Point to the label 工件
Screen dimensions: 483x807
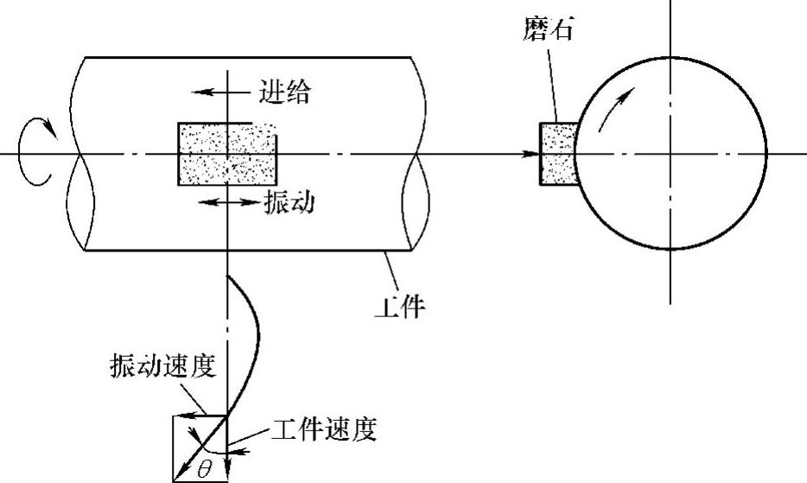coord(402,305)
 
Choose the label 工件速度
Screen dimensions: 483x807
coord(324,429)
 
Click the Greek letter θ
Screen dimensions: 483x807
coord(204,470)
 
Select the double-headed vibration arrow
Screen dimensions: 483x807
coord(227,201)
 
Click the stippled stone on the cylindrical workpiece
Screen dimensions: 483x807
coord(226,154)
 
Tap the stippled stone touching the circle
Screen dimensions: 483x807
coord(557,154)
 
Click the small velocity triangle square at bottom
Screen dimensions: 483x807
coord(200,447)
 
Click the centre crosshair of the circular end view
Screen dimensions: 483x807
coord(670,154)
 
